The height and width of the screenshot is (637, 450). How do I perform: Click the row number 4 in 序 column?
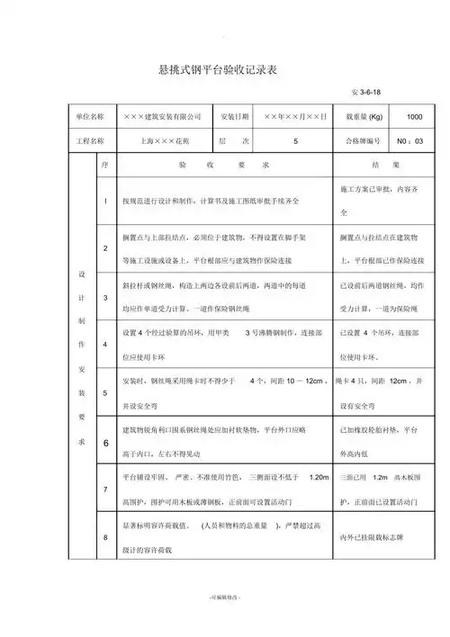(106, 344)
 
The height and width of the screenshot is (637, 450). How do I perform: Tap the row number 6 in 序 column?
(106, 443)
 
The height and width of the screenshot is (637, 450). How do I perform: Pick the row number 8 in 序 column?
(106, 538)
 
